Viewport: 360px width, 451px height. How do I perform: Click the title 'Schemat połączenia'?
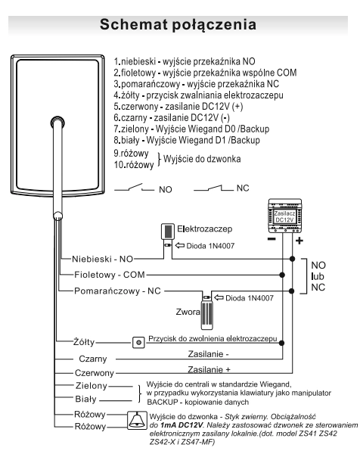tap(178, 24)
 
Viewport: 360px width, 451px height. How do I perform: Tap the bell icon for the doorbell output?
tap(137, 420)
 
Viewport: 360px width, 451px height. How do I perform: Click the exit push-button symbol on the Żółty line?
tap(138, 343)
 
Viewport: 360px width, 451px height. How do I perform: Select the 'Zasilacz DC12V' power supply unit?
tap(284, 216)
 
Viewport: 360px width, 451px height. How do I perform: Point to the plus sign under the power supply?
tap(299, 241)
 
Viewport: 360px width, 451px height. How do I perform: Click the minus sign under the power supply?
tap(272, 238)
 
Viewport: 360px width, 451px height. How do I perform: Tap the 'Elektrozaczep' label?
tap(204, 229)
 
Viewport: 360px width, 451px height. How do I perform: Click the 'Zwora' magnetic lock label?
tap(188, 312)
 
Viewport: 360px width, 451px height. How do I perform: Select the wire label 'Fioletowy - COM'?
tap(109, 275)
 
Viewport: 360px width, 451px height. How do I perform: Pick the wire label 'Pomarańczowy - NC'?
tap(117, 291)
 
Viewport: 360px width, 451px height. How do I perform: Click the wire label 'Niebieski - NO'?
tap(102, 259)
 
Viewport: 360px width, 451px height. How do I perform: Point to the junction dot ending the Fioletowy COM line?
tap(282, 275)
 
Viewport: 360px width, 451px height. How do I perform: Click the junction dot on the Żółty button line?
tap(282, 343)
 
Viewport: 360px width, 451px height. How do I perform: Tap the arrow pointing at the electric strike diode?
tap(180, 245)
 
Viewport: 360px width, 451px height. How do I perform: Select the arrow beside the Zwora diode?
tap(219, 297)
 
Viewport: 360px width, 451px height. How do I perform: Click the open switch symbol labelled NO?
tap(134, 188)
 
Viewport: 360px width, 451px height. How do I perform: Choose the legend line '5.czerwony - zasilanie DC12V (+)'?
tap(178, 107)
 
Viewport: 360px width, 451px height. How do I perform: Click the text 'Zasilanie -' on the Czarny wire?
tap(208, 354)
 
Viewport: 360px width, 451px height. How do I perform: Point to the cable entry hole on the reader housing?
tap(57, 123)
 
